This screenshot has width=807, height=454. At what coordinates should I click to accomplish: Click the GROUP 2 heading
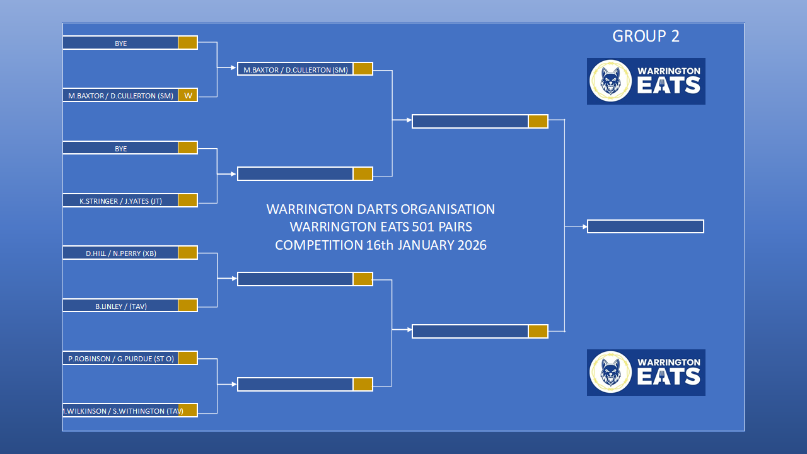pyautogui.click(x=646, y=36)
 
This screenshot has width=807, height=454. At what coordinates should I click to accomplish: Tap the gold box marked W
pyautogui.click(x=188, y=95)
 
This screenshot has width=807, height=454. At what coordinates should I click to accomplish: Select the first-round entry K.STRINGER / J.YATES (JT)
pyautogui.click(x=120, y=201)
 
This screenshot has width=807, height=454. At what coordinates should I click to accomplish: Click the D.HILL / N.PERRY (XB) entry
pyautogui.click(x=120, y=253)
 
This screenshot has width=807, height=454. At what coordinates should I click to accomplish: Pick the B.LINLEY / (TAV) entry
pyautogui.click(x=120, y=306)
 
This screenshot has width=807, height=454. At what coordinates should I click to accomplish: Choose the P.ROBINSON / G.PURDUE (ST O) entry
pyautogui.click(x=120, y=359)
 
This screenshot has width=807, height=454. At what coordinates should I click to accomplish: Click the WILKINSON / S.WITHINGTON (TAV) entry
pyautogui.click(x=122, y=410)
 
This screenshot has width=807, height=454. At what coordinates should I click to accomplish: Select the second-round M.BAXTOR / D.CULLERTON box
pyautogui.click(x=296, y=69)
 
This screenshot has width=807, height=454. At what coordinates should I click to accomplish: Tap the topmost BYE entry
pyautogui.click(x=120, y=44)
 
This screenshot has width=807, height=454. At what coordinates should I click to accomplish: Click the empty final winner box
pyautogui.click(x=645, y=226)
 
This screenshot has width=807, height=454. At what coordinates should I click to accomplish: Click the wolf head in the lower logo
pyautogui.click(x=610, y=372)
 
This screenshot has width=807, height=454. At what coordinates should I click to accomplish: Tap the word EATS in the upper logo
pyautogui.click(x=669, y=85)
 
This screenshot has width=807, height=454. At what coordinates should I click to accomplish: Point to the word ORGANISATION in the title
pyautogui.click(x=448, y=209)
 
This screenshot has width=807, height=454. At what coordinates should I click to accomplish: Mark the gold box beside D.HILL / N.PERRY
pyautogui.click(x=188, y=253)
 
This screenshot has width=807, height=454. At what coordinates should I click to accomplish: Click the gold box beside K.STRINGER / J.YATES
pyautogui.click(x=188, y=201)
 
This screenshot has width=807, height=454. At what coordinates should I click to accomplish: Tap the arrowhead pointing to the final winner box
pyautogui.click(x=585, y=226)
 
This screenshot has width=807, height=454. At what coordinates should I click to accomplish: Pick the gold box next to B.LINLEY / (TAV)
pyautogui.click(x=188, y=305)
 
